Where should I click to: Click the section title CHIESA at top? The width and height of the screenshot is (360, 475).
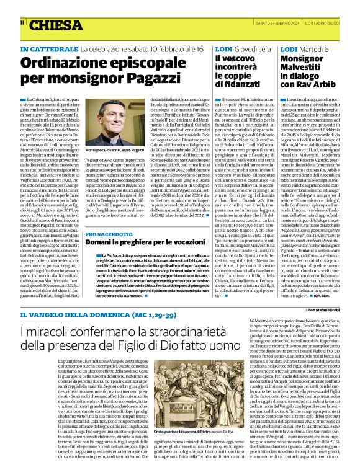pos(56,26)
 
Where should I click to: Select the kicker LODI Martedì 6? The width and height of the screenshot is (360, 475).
pos(304,48)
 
